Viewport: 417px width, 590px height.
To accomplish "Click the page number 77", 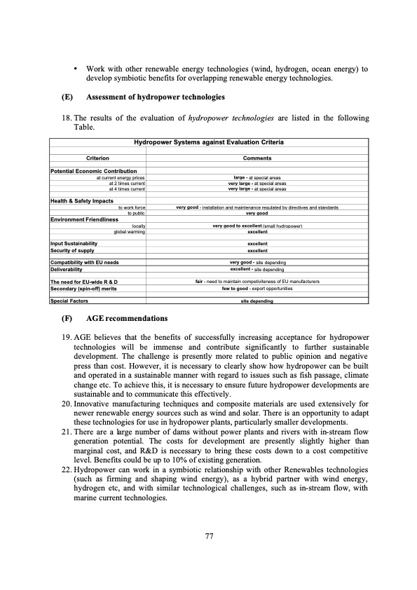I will [209, 536].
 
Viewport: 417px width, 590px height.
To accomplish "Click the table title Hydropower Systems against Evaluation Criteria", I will [208, 143].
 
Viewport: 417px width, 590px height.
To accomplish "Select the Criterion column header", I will [97, 158].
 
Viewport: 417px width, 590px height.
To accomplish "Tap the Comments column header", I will [257, 158].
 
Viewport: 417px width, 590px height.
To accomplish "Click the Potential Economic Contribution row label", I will [94, 171].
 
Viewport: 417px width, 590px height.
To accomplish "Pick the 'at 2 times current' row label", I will [127, 183].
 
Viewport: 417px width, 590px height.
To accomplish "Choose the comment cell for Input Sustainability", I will [257, 244].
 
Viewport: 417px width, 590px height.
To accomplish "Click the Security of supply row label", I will [72, 250].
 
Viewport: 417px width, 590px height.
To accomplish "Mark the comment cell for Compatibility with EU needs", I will [257, 262].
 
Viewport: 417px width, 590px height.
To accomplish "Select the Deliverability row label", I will [67, 268].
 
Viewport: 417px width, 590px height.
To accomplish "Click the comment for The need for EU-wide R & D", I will [257, 281].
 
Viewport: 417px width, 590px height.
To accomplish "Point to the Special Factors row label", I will [69, 301].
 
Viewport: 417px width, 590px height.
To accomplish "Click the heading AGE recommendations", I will [125, 319].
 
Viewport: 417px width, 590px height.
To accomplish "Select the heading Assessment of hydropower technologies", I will [155, 96].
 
